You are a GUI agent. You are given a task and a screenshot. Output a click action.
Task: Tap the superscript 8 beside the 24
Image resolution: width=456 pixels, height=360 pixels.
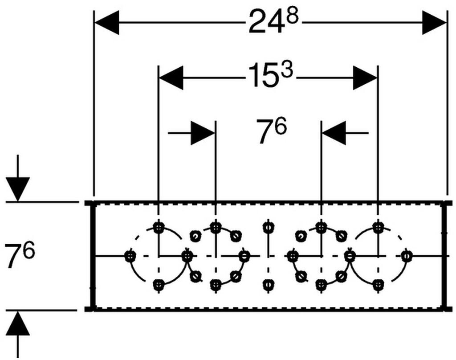tap(292, 16)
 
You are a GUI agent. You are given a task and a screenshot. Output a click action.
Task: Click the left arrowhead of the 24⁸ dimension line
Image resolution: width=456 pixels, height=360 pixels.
tap(107, 22)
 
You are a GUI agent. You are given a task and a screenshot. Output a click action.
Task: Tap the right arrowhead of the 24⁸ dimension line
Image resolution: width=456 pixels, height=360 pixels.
tap(434, 22)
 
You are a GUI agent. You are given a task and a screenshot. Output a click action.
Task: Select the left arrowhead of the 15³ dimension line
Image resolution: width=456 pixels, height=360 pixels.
tap(171, 78)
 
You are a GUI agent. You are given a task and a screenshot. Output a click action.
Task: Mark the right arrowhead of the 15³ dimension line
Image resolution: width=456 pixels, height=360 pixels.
tap(365, 78)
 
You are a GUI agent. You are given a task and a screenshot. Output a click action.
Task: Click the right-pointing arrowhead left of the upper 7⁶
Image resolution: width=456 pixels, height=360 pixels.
tap(203, 133)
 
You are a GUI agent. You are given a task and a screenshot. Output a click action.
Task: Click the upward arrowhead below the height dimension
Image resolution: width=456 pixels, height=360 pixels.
tap(18, 323)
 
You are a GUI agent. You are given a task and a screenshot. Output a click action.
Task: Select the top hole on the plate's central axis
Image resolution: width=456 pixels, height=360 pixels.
tap(268, 227)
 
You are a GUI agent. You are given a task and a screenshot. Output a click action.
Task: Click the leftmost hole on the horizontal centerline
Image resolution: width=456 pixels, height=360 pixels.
tap(130, 256)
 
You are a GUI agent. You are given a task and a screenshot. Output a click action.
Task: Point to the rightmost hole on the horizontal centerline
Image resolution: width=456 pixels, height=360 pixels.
tap(407, 256)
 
